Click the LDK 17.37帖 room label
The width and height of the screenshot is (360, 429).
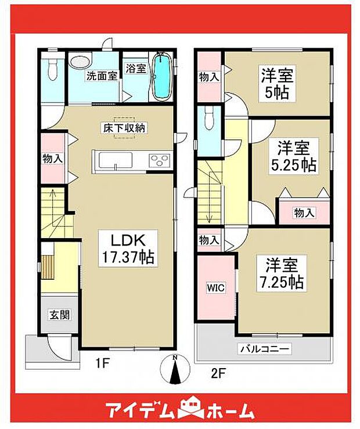(128, 248)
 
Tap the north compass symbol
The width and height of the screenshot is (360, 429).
(175, 369)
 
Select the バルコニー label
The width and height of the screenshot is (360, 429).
(265, 349)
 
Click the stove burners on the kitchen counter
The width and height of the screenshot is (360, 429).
(159, 160)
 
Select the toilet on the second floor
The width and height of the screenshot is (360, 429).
(208, 119)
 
